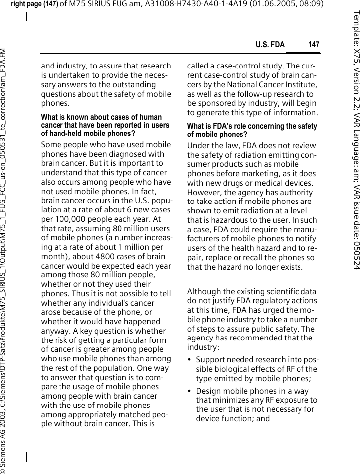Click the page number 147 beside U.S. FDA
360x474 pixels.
click(313, 45)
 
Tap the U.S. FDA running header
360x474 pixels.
click(270, 45)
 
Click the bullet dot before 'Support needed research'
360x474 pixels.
click(190, 360)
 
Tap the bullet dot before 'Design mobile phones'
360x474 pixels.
click(190, 391)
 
